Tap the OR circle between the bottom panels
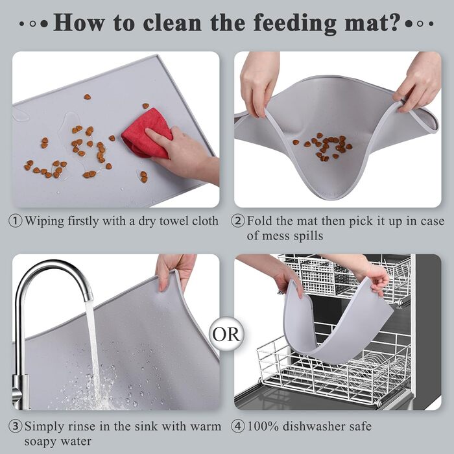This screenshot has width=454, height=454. pos(226,334)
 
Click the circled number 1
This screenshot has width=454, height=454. pos(16,221)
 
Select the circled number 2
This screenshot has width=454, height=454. pos(238,221)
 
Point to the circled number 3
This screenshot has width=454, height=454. pos(16,427)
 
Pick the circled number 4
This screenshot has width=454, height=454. pos(238,427)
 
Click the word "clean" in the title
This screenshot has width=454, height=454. pos(172,23)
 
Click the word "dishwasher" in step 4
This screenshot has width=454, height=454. pos(311,427)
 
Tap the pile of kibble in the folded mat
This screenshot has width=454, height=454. pos(323,147)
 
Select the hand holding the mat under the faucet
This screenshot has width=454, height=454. pos(174,271)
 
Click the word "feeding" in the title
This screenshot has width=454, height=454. pos(294,23)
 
